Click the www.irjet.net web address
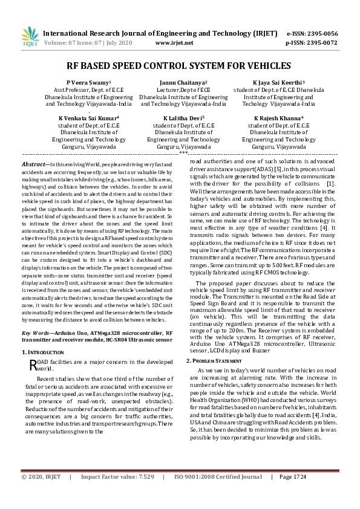click(x=174, y=43)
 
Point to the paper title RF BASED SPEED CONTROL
click(x=180, y=66)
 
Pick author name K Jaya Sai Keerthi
click(x=278, y=82)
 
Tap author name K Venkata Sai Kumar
click(x=88, y=118)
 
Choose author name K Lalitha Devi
click(x=183, y=118)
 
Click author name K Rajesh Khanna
click(x=278, y=118)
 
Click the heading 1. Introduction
click(x=44, y=351)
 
